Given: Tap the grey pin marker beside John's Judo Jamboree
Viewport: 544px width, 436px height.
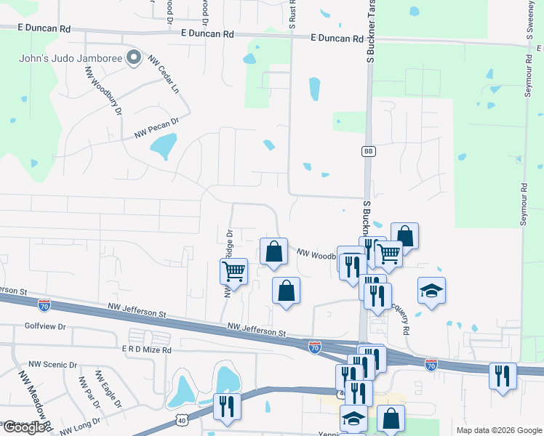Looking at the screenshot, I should coord(134,58).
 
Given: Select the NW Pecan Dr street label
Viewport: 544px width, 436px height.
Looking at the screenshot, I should coord(156,129).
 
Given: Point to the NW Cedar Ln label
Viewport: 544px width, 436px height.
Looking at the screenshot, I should coord(164,74).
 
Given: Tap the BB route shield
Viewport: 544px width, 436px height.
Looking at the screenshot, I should coord(368,151).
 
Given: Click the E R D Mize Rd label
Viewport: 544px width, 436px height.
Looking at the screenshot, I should coord(146,350).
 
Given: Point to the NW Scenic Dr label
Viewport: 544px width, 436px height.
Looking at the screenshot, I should coord(52,364).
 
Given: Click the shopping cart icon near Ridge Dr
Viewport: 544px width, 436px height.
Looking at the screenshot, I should coord(233,271).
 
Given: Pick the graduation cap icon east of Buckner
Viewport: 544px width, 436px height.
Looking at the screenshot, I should coord(432,291).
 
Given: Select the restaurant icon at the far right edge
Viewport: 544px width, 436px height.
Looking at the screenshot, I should coord(503,376).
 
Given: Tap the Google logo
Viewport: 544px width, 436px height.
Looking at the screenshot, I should coord(24,427).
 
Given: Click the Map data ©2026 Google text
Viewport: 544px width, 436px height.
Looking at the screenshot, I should coord(498,430).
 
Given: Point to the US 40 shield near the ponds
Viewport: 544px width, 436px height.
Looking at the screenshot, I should coord(182,421).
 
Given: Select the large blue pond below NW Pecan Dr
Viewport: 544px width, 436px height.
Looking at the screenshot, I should coord(163,146).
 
